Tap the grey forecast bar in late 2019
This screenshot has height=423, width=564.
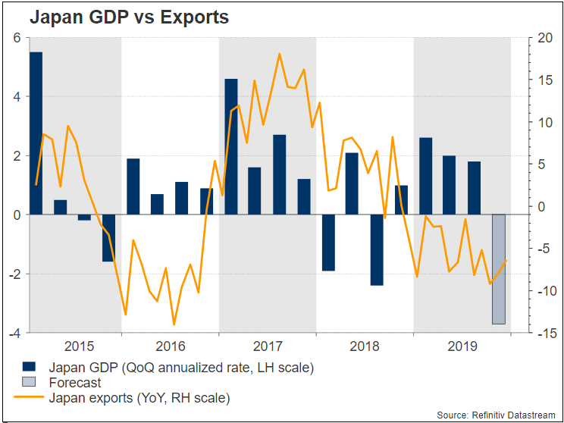[x=498, y=269]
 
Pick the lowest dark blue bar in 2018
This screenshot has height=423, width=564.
[x=376, y=250]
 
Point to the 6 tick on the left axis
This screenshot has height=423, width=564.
[x=15, y=38]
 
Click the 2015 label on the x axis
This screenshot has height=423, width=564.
[x=80, y=347]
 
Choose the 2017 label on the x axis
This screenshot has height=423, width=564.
[x=268, y=347]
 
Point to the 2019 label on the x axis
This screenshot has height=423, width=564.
[x=462, y=347]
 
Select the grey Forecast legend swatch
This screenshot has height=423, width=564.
[x=30, y=382]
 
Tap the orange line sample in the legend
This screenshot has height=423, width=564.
[x=30, y=397]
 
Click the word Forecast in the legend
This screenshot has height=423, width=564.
[x=74, y=383]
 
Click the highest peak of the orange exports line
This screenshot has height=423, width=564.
[x=279, y=54]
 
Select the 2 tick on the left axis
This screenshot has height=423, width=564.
[x=15, y=156]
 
